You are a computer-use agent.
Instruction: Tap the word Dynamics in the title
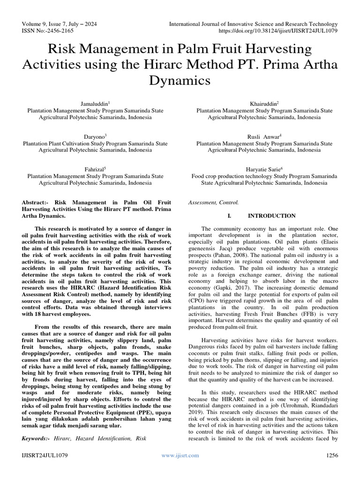(180, 81)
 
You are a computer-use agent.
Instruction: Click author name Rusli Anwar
(264, 136)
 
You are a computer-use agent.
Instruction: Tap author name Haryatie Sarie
(264, 168)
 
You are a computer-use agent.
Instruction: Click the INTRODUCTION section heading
(271, 216)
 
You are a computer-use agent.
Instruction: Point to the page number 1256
(331, 455)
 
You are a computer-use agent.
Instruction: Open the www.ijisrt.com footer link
(180, 455)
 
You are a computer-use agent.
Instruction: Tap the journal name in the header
(253, 24)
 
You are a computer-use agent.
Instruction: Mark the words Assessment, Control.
(213, 202)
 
